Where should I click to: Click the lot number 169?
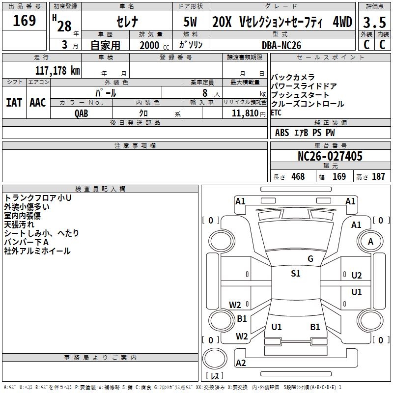24,20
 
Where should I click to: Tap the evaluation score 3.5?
374,22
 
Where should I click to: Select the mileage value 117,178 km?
57,70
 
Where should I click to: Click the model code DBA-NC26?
281,45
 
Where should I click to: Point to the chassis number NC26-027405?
330,156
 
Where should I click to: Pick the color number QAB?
82,113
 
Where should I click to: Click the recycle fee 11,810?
245,113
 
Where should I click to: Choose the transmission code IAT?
14,103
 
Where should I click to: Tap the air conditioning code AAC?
38,103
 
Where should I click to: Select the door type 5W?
190,22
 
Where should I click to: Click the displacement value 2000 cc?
154,45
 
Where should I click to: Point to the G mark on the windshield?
310,258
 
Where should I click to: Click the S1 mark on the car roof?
296,273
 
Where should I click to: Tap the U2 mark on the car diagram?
357,276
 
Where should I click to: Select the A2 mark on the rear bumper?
241,363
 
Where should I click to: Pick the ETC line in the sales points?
276,113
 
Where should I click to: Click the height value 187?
378,176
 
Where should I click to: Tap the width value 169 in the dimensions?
339,176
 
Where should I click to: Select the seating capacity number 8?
205,93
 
